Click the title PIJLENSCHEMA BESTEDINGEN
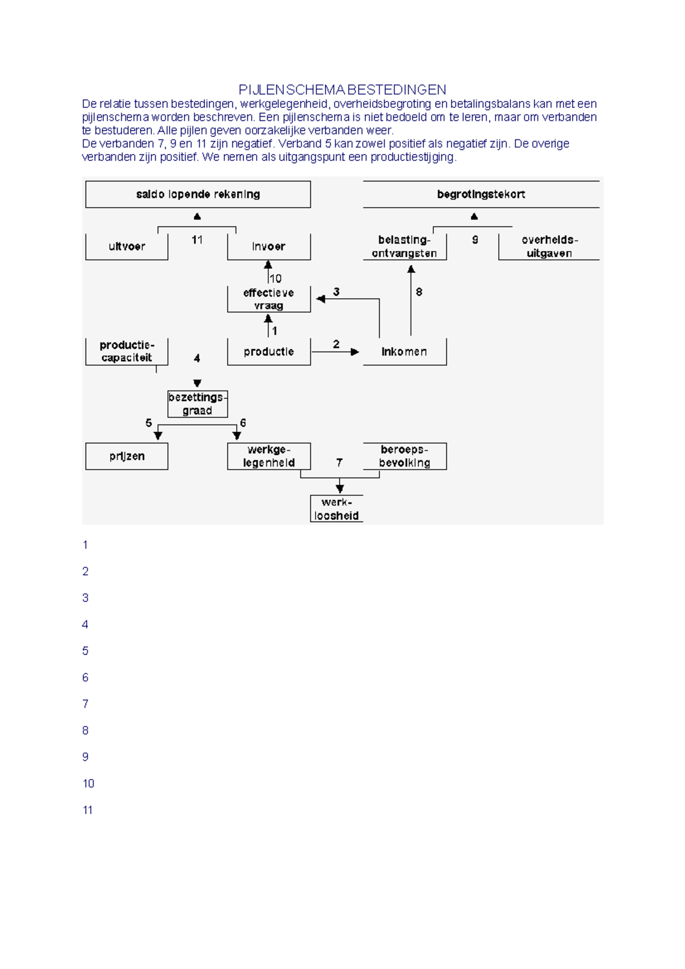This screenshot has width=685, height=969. tap(342, 90)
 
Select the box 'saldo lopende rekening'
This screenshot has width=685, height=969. tap(198, 194)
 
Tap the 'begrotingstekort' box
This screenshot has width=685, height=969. tap(481, 194)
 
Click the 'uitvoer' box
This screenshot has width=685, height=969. tap(127, 247)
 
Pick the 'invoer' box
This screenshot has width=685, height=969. tap(269, 247)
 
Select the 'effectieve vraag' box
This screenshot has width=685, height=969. tap(269, 299)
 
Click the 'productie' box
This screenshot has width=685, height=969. tap(269, 352)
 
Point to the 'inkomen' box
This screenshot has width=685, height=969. tap(404, 352)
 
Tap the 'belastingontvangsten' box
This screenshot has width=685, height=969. tap(404, 247)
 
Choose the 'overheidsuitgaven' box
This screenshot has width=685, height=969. tap(549, 247)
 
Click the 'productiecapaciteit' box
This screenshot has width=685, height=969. tap(127, 352)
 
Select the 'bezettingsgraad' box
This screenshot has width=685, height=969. tap(198, 404)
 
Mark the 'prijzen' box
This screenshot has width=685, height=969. tap(127, 456)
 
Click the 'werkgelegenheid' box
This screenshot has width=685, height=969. tap(269, 456)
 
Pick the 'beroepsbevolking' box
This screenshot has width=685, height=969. tap(404, 456)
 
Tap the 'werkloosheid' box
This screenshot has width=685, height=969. tap(337, 508)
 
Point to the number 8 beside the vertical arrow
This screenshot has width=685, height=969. tap(419, 292)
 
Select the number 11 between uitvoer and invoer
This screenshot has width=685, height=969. tap(197, 240)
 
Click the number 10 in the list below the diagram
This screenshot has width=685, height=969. tap(88, 784)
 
